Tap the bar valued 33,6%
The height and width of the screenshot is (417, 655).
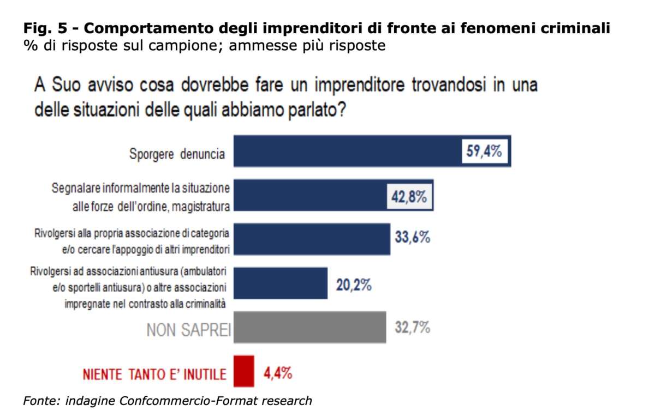coord(311,239)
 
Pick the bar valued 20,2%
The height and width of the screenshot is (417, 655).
coord(280,283)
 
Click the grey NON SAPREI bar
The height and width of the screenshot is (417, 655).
coord(309,328)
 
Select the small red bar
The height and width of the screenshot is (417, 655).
coord(243,371)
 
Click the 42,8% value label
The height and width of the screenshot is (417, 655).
coord(407,196)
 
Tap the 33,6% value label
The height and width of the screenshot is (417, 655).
coord(412,239)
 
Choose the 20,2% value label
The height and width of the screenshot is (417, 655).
coord(354,284)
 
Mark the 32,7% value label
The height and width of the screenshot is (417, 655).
coord(412,328)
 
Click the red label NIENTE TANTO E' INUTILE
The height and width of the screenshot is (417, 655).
coord(154,374)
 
